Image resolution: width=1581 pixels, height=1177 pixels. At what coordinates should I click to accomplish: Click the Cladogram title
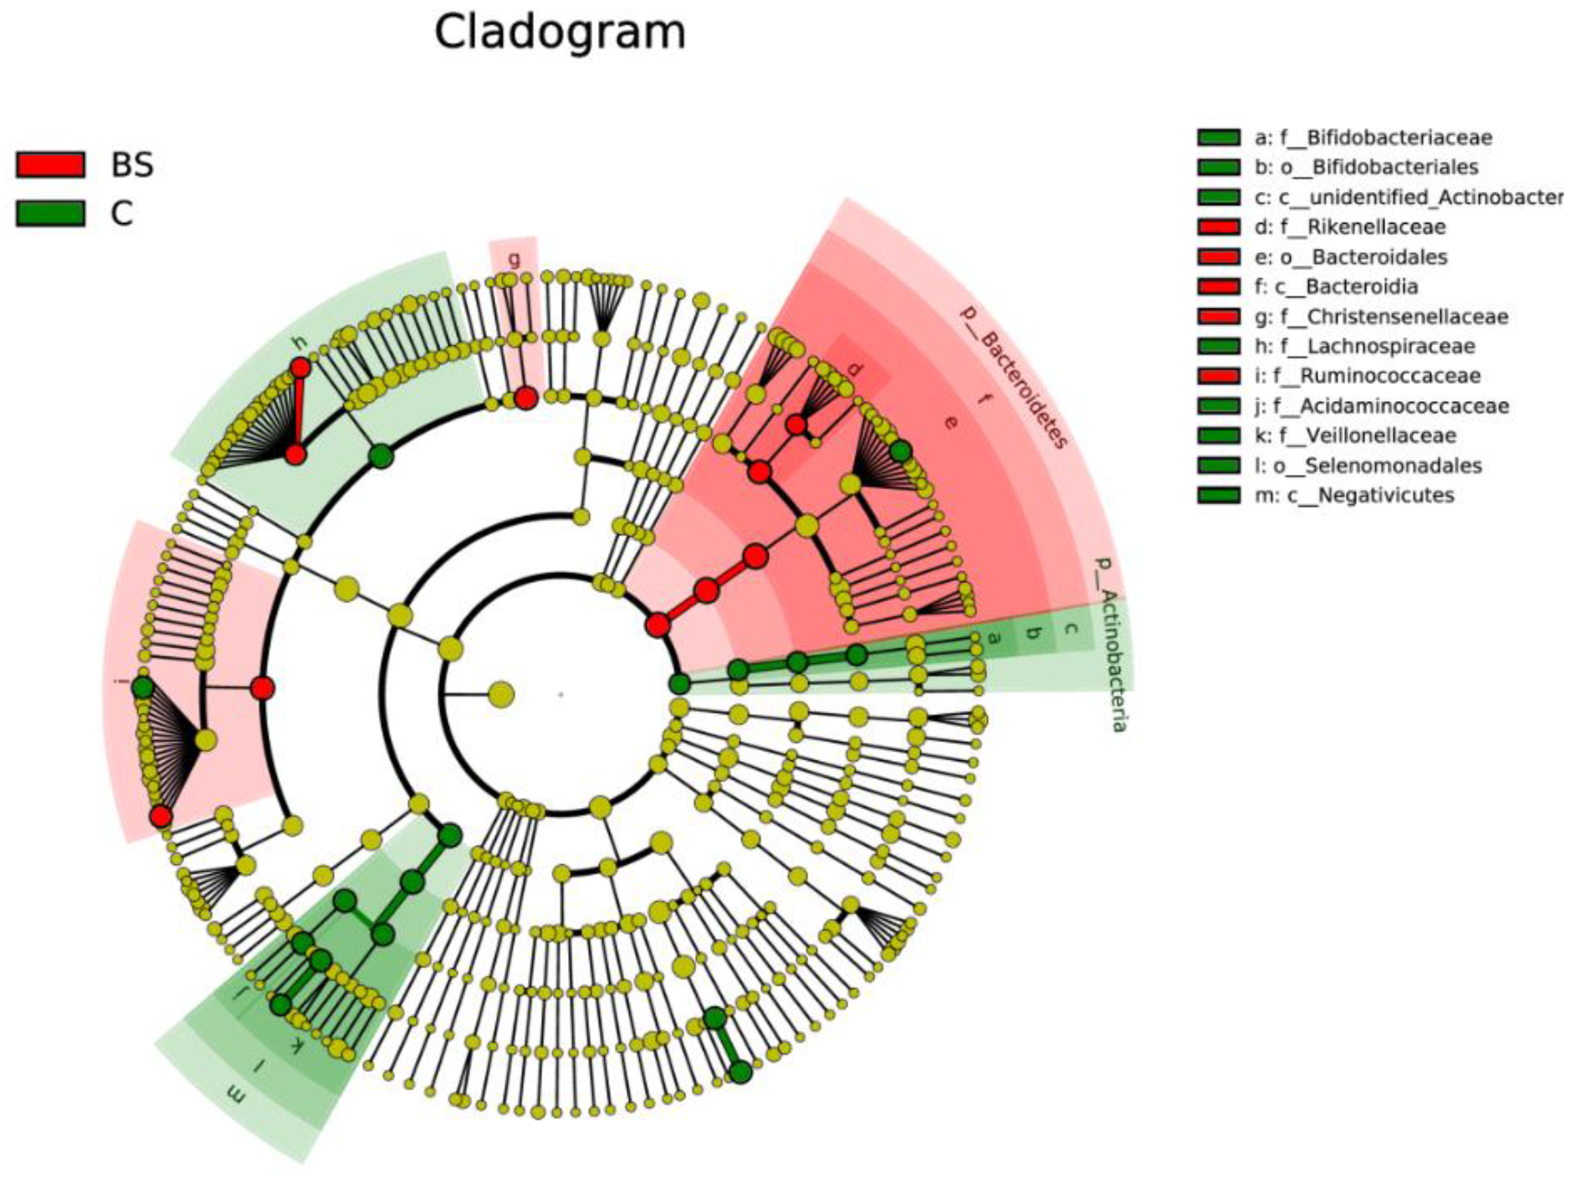click(x=560, y=33)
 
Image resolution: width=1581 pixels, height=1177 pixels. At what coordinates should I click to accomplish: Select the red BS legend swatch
click(x=50, y=165)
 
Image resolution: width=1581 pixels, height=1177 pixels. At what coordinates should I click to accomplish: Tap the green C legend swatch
click(x=50, y=213)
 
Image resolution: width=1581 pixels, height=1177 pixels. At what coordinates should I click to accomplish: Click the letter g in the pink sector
click(x=513, y=259)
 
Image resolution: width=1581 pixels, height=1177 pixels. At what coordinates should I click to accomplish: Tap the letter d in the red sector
click(x=855, y=369)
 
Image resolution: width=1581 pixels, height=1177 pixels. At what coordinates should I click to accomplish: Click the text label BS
click(x=133, y=165)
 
